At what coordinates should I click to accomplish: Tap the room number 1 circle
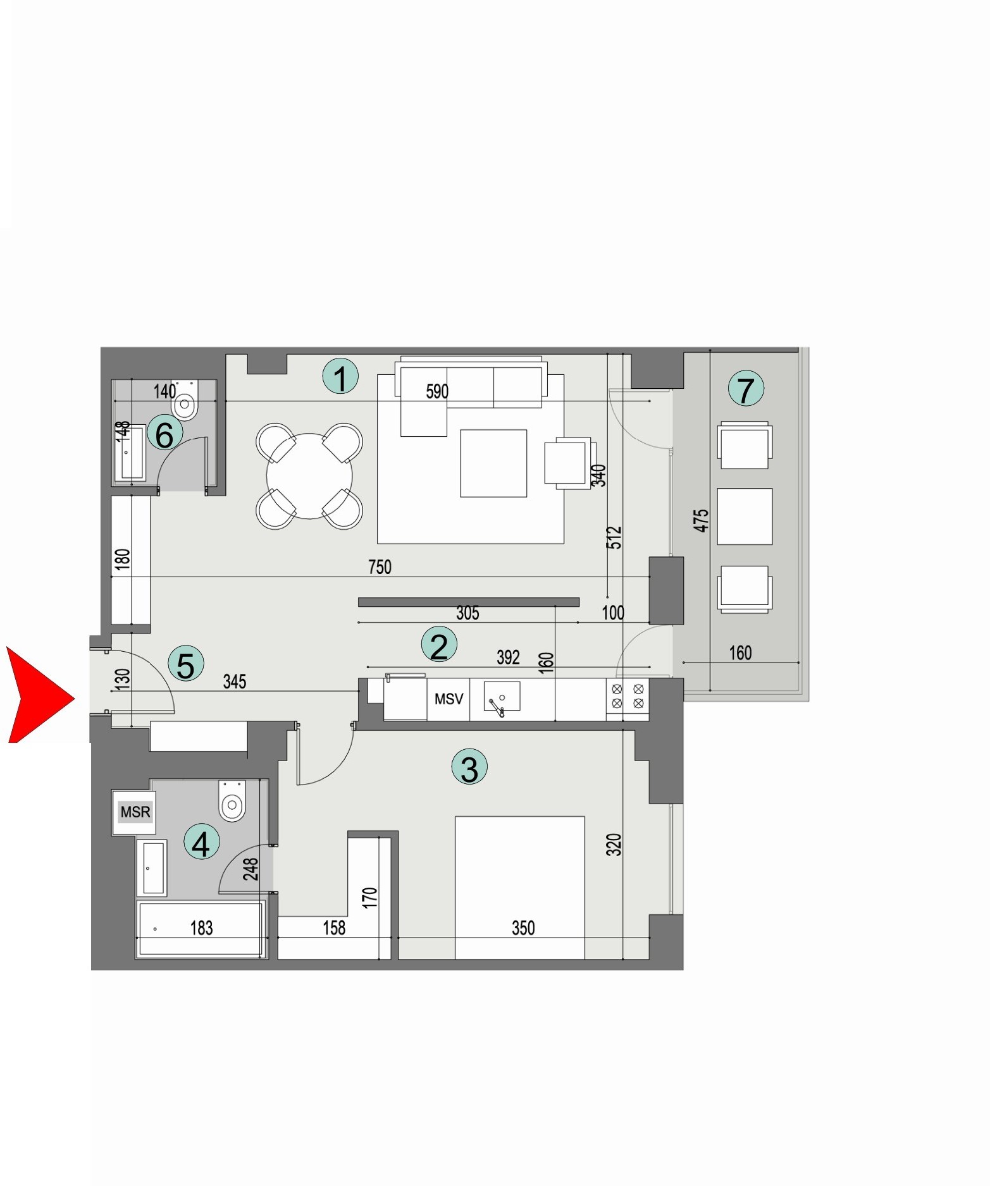pos(340,377)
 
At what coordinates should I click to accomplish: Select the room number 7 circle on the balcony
pos(746,389)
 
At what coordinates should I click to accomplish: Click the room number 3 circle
pos(469,767)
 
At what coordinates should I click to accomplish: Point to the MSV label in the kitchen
pos(449,699)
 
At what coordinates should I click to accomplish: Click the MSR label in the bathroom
pos(135,812)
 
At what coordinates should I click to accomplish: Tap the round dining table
pos(309,475)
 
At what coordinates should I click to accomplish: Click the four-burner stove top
pos(628,695)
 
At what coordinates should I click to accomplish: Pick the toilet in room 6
pos(185,402)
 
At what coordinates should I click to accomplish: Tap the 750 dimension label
pos(380,567)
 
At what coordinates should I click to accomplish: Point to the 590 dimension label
pos(437,391)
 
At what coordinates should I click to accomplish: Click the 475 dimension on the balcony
pos(701,520)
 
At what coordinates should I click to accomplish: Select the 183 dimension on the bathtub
pos(202,927)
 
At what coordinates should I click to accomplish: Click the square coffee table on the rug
pos(493,463)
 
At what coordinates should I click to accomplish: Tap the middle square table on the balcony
pos(745,516)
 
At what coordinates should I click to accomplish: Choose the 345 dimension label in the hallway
pos(235,682)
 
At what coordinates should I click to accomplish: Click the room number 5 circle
pos(186,664)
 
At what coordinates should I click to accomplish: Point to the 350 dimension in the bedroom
pos(523,927)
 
